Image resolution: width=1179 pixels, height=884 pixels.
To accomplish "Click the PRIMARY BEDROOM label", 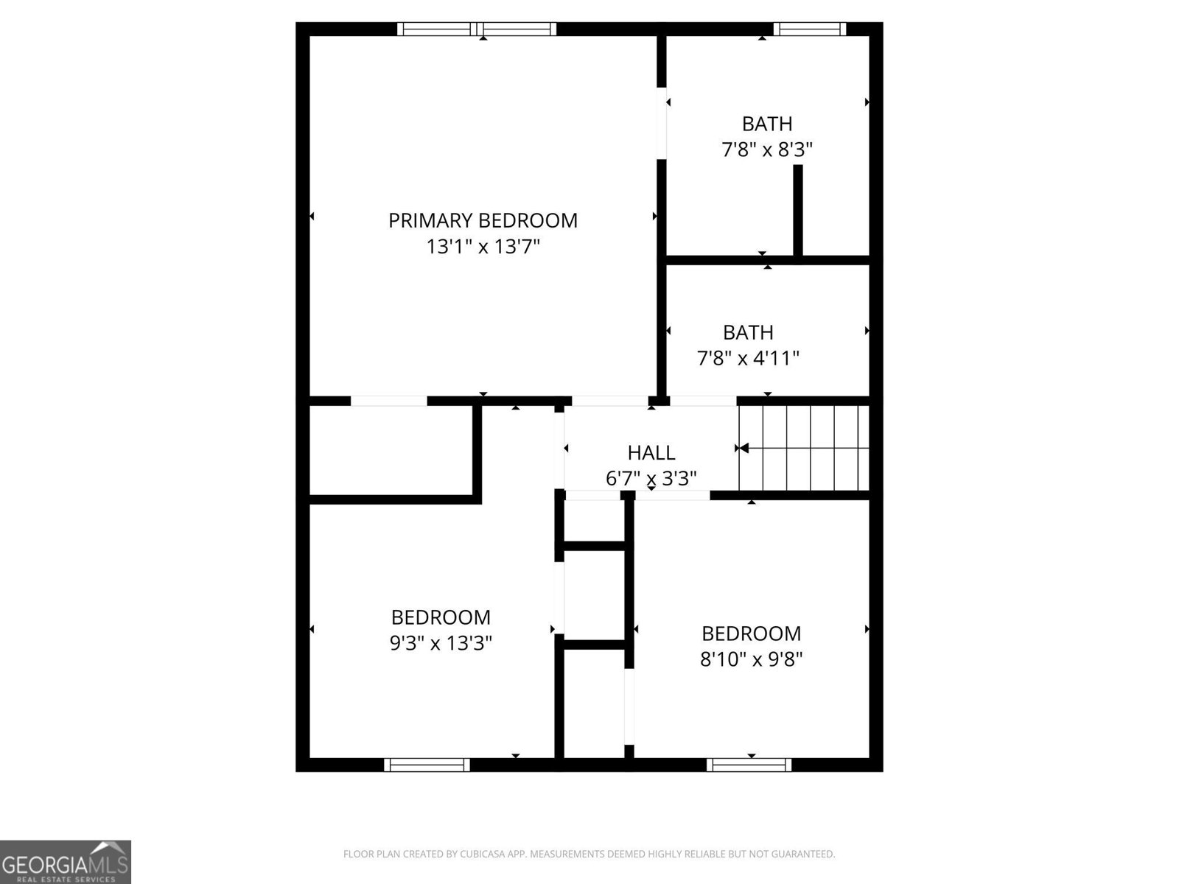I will (x=483, y=220).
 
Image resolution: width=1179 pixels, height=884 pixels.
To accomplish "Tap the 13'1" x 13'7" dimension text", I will (x=483, y=247).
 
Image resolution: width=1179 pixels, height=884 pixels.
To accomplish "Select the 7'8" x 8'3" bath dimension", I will (x=767, y=150).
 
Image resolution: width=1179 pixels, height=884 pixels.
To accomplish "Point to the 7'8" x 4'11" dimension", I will (x=748, y=359).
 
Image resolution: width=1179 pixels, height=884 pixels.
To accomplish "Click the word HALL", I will (x=651, y=452).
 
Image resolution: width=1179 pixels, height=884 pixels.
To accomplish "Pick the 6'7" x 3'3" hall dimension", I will (x=651, y=479).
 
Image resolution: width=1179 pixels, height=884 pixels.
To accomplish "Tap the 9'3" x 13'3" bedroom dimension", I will (x=441, y=643).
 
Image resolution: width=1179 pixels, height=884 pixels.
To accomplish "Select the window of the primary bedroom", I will (x=477, y=29).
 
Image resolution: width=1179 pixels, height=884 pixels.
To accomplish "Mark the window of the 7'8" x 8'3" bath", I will (x=809, y=29).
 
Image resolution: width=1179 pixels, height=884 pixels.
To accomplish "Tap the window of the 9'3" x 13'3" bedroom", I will (x=427, y=765).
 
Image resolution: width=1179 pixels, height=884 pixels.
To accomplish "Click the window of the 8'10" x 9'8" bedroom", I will (x=749, y=765).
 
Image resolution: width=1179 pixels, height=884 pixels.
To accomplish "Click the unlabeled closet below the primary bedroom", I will (x=391, y=449).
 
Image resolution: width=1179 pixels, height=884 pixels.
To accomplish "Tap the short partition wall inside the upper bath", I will (x=797, y=211).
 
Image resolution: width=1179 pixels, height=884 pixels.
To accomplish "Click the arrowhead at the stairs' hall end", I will (x=743, y=448).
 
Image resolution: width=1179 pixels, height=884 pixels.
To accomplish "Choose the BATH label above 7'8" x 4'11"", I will (x=748, y=332).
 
